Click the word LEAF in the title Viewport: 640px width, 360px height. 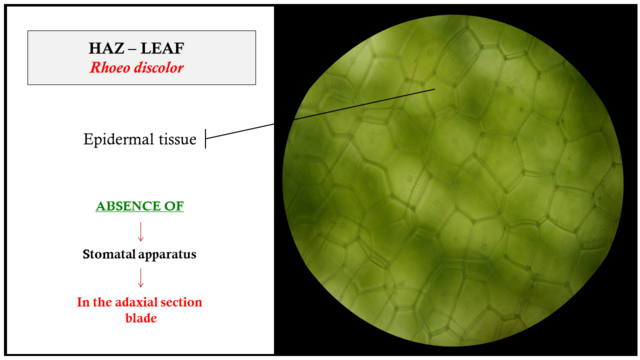[162, 48]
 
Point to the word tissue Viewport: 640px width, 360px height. [177, 140]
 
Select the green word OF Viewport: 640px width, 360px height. [172, 207]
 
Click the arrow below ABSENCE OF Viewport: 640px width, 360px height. [140, 231]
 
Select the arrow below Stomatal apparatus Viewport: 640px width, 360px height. [140, 278]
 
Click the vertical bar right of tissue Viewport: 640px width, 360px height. [206, 140]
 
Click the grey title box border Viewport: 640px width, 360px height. [27, 58]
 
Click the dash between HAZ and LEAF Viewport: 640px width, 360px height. [133, 48]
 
